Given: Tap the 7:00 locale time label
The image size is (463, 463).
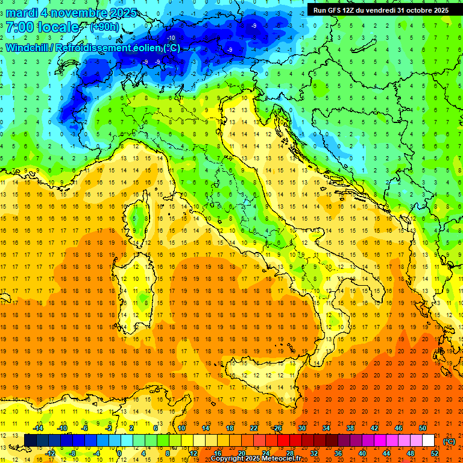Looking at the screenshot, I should (x=42, y=28).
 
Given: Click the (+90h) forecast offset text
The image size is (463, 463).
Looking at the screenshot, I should (x=104, y=27).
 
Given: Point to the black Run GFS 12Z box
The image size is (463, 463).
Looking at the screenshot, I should (x=380, y=10).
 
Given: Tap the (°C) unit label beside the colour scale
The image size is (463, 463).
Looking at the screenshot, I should (x=449, y=441).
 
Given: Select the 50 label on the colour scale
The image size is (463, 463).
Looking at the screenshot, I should (x=422, y=428).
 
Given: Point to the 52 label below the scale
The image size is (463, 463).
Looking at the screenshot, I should (x=434, y=453).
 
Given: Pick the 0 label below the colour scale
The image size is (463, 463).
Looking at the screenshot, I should (x=120, y=453).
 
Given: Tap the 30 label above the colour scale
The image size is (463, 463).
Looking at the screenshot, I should (x=301, y=428).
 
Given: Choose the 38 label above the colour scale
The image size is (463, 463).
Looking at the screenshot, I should (x=350, y=428).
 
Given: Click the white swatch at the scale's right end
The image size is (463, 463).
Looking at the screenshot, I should (x=428, y=441).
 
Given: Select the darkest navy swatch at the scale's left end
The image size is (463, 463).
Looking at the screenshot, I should (x=30, y=441).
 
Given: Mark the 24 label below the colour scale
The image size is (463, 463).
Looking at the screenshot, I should (x=265, y=453).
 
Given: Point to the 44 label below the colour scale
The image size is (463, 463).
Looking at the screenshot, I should (x=386, y=453).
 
